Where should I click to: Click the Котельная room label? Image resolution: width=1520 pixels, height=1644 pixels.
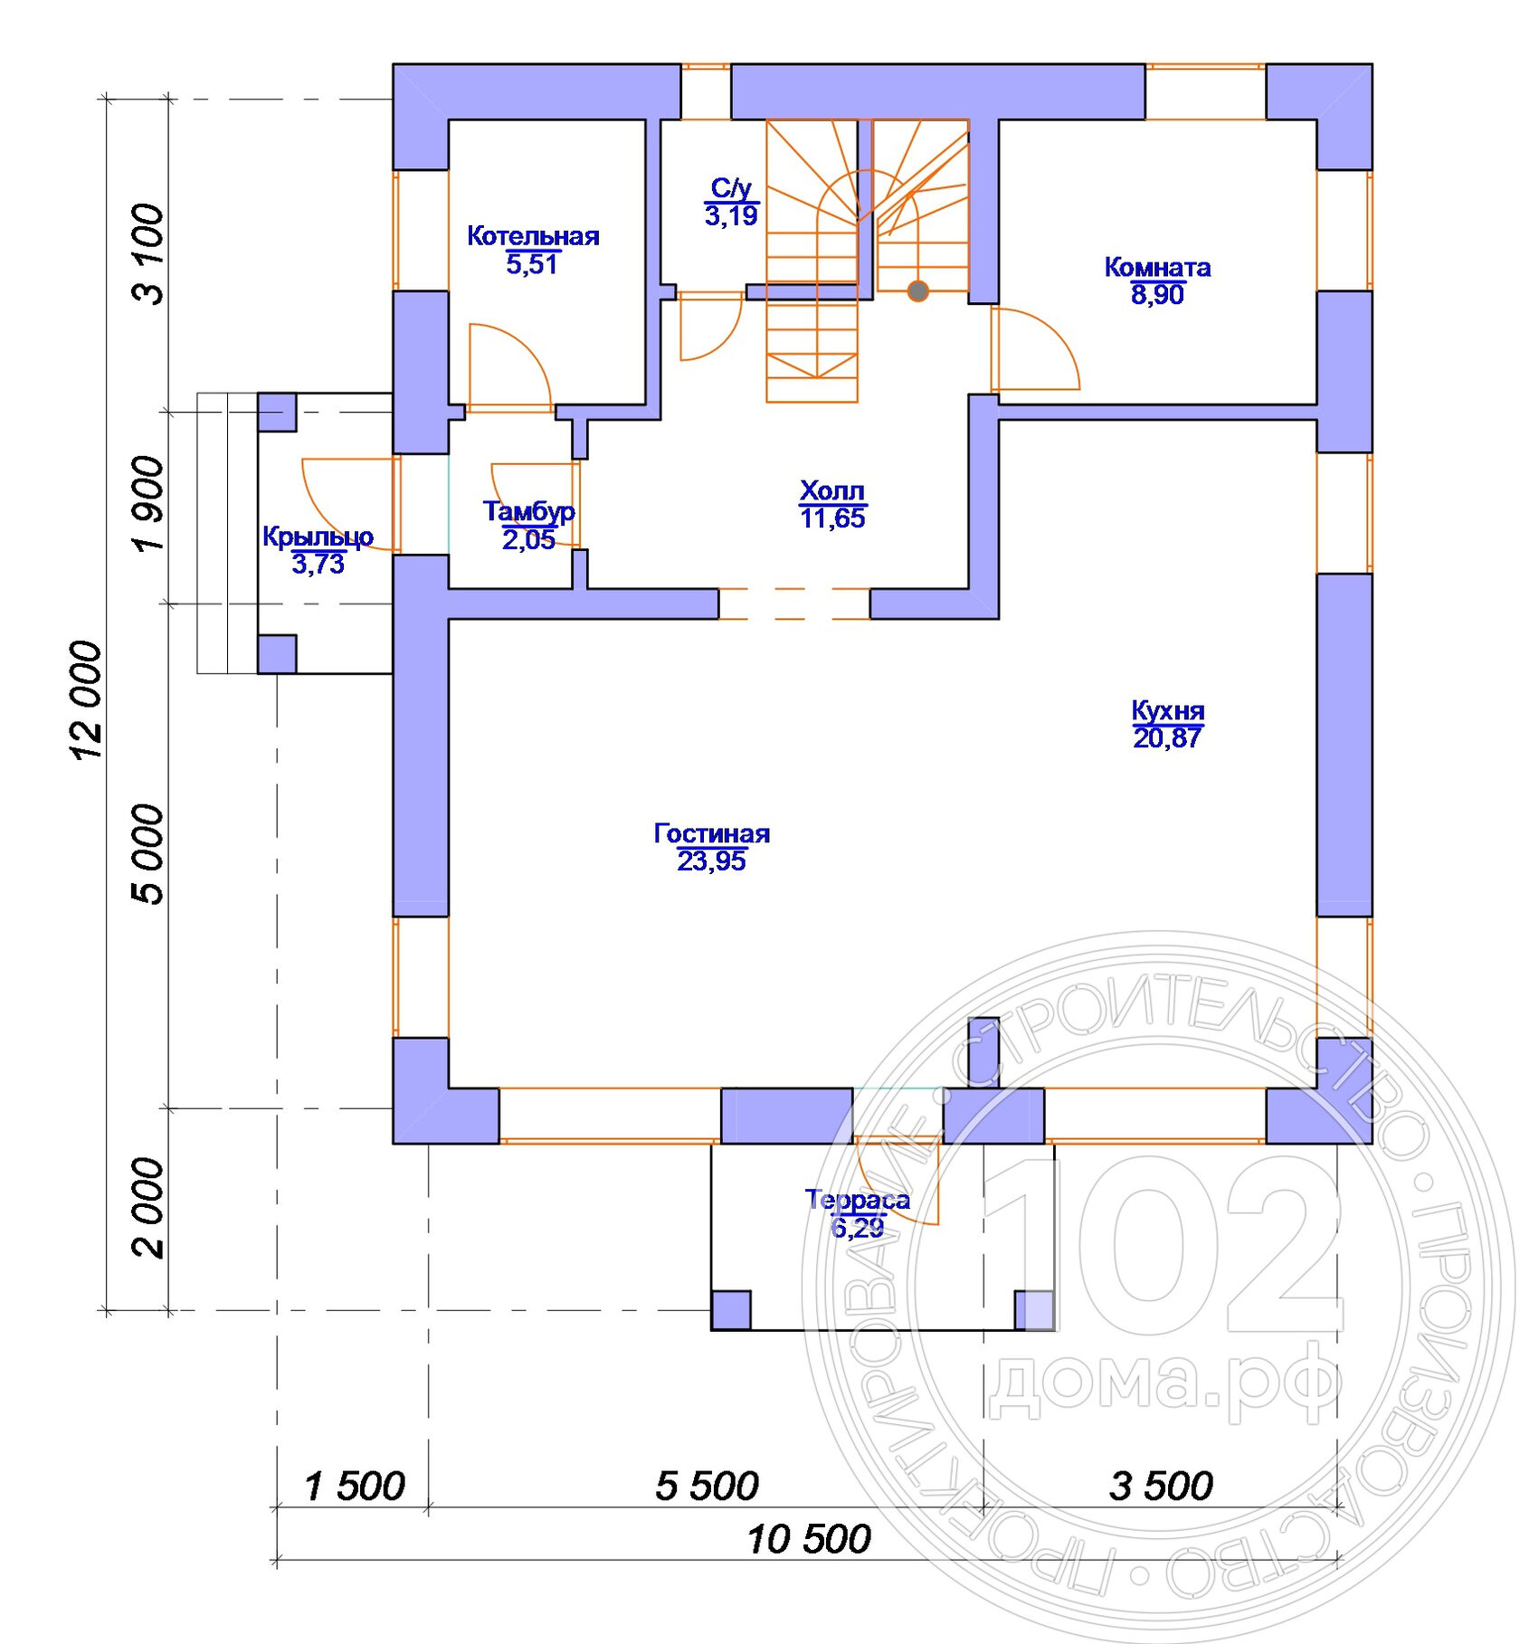click(x=533, y=236)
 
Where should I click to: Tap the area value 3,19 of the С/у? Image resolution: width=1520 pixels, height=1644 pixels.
click(x=731, y=216)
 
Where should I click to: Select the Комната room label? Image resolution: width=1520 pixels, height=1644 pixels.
click(x=1157, y=267)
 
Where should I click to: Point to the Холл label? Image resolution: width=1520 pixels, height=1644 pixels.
click(x=832, y=490)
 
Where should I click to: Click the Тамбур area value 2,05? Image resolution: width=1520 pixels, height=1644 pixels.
click(x=528, y=540)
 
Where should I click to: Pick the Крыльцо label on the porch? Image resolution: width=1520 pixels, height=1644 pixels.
click(x=318, y=537)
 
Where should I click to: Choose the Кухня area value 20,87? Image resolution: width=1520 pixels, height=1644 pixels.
click(x=1167, y=738)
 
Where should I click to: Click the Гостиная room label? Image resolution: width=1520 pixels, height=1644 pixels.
click(x=712, y=833)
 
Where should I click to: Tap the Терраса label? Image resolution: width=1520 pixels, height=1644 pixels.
click(x=858, y=1200)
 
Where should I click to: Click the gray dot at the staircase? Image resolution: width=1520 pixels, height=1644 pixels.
click(x=917, y=291)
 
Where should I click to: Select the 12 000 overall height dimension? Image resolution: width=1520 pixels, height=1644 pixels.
click(x=88, y=700)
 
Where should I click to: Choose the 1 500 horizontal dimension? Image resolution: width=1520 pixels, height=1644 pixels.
click(x=355, y=1487)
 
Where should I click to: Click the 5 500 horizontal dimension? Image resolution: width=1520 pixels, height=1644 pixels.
click(x=707, y=1487)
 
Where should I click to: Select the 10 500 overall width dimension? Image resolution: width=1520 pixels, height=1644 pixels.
click(x=809, y=1540)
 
